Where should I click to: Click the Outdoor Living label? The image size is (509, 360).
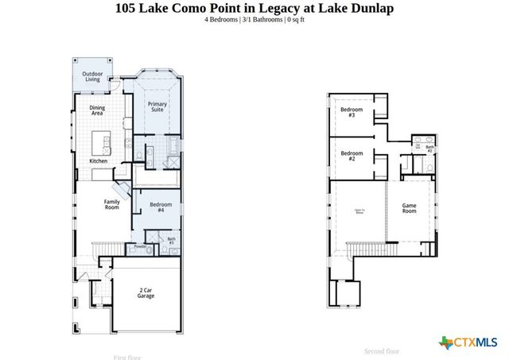[x=93, y=76]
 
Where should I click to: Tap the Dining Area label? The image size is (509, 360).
[x=97, y=110]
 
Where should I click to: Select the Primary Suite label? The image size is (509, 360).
[x=157, y=106]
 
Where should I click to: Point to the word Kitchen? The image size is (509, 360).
[x=98, y=161]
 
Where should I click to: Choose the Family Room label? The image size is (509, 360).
[x=112, y=204]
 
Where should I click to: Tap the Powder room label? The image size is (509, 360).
[x=141, y=247]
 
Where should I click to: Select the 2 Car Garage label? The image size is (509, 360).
[x=145, y=293]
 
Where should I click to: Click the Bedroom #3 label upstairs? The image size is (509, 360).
[x=352, y=112]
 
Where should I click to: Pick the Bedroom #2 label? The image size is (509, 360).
[x=352, y=156]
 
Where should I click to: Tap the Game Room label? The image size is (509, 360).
[x=409, y=208]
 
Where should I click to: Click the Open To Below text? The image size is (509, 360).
[x=359, y=211]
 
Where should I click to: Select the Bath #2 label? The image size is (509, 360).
[x=429, y=148]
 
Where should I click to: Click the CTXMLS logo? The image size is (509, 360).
[x=468, y=343]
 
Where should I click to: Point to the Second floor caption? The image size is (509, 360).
[x=382, y=350]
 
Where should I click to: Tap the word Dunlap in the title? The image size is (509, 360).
[x=370, y=8]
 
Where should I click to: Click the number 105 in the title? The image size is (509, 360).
[x=126, y=8]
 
